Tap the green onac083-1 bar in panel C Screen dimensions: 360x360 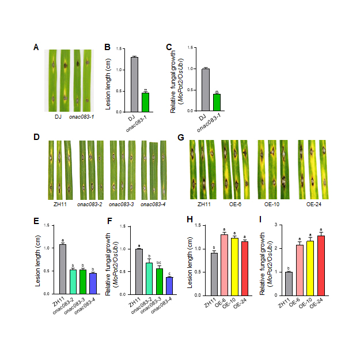click(217, 103)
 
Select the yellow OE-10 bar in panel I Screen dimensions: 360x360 click(311, 267)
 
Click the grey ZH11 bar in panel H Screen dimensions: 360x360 click(214, 273)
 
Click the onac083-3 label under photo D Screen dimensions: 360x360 click(122, 204)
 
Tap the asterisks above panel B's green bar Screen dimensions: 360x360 click(146, 89)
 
